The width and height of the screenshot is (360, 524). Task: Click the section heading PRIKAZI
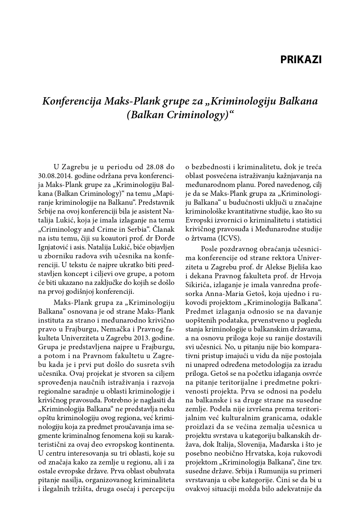point(301,59)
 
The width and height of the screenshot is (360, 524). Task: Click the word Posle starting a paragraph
point(209,248)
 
